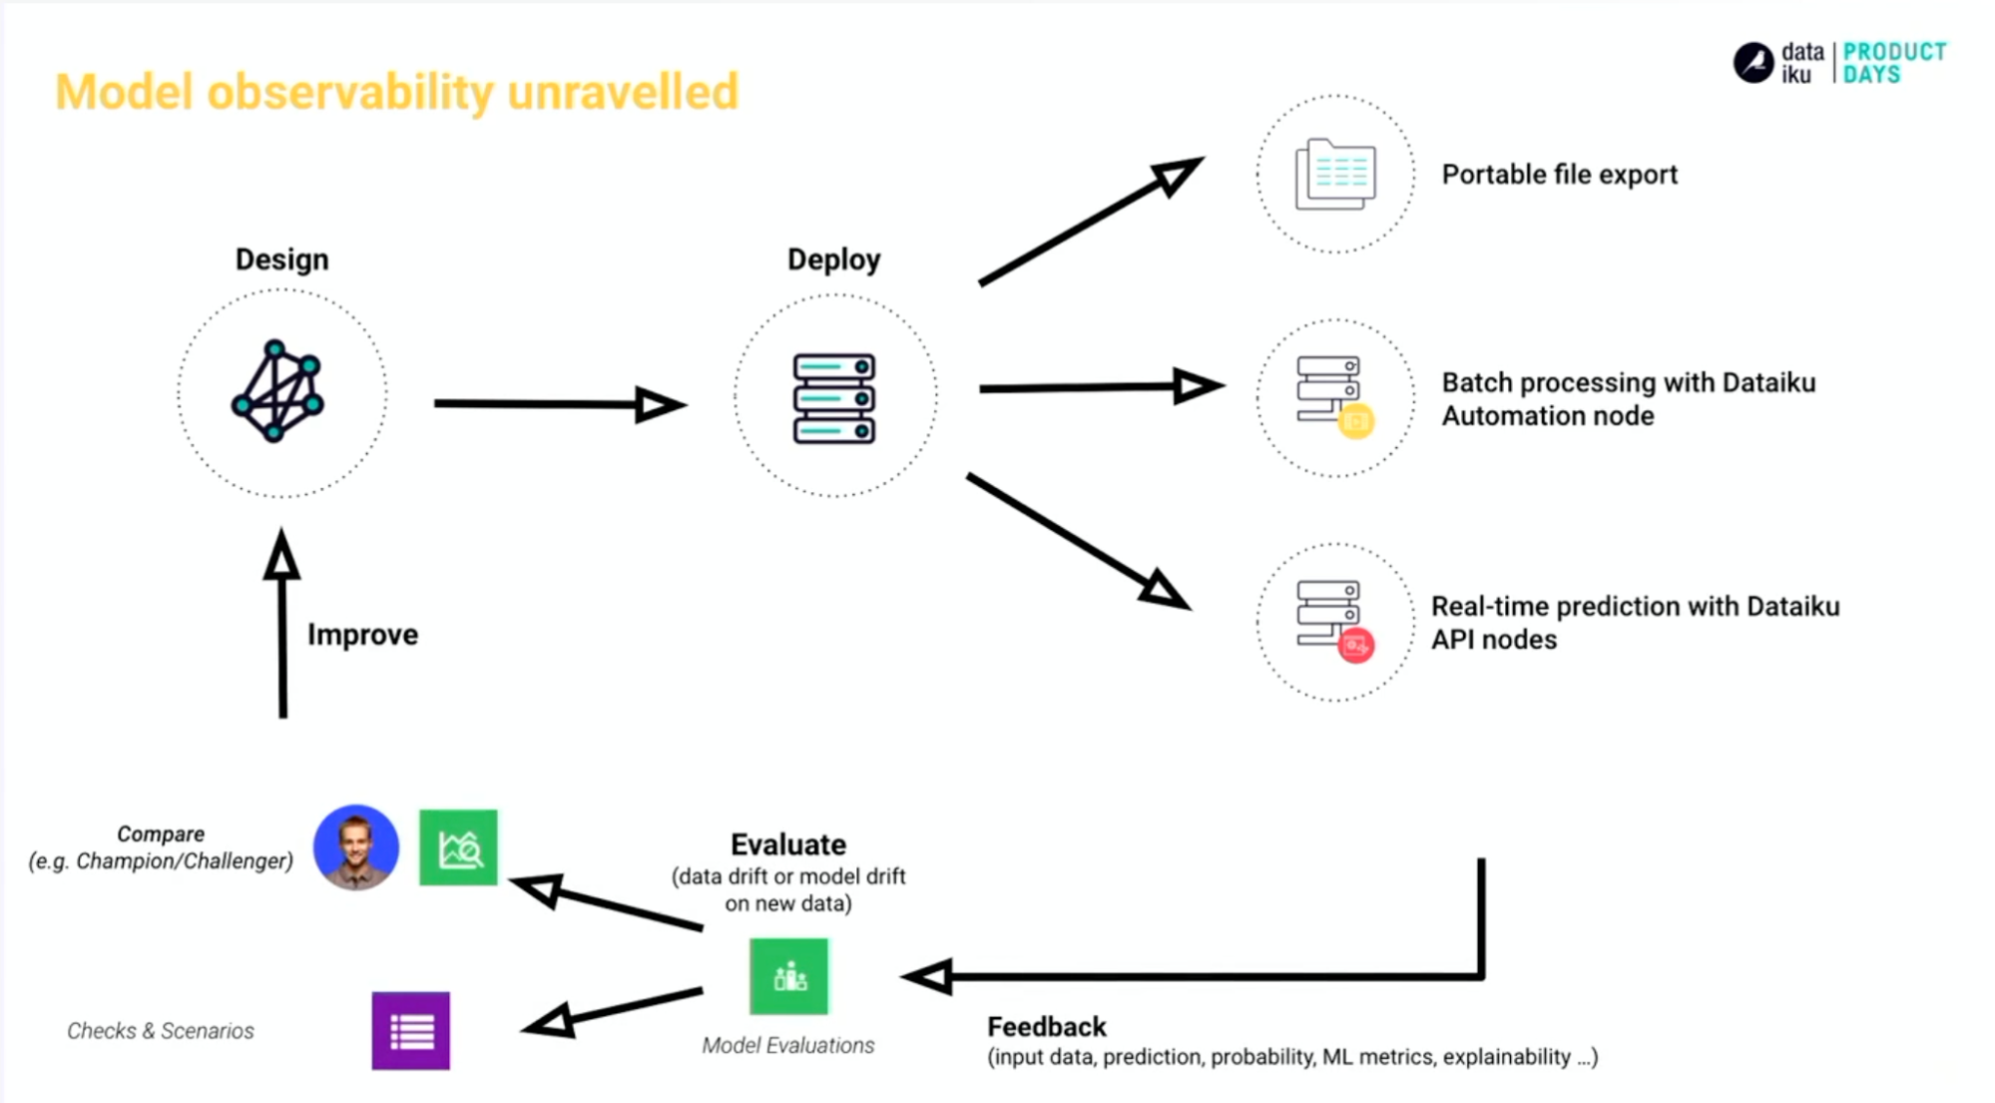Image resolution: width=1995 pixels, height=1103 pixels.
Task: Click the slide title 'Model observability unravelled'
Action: point(396,92)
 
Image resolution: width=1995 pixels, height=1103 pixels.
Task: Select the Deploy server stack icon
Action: point(834,398)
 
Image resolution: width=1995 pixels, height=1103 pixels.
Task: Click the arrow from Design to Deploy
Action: point(559,404)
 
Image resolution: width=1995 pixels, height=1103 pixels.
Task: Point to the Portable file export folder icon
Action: point(1335,175)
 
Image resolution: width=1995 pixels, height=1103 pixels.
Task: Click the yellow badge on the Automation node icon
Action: point(1355,421)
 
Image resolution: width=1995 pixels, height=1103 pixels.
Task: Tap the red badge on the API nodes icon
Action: point(1355,646)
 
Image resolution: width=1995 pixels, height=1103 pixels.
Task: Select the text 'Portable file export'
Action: point(1559,175)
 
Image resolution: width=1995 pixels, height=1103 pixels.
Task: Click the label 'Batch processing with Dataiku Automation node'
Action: point(1628,399)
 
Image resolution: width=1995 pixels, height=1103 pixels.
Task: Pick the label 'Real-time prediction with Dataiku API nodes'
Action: point(1635,623)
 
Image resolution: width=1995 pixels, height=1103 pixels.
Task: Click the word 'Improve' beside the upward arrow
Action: point(362,635)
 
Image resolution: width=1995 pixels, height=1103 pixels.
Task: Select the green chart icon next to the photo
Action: point(458,848)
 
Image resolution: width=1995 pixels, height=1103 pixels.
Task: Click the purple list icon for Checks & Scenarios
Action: point(410,1031)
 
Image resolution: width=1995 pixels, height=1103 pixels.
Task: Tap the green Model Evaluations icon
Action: point(788,976)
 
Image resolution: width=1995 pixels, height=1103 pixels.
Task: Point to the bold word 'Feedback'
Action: point(1046,1027)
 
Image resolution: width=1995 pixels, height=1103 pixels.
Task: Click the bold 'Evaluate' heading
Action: point(787,844)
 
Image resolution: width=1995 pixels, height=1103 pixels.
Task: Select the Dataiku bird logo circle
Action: point(1752,63)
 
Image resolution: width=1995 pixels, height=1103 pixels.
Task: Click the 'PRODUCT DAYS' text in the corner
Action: point(1893,63)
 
